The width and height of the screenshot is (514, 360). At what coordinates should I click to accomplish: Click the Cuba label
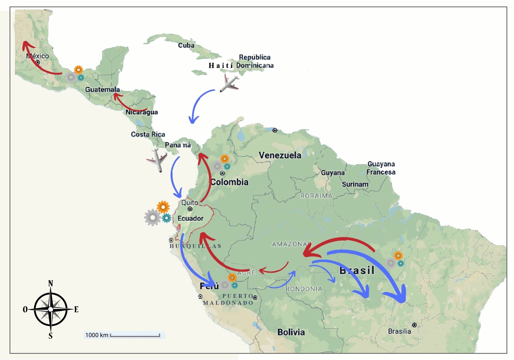point(186,45)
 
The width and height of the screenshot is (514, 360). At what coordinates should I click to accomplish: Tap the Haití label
point(220,65)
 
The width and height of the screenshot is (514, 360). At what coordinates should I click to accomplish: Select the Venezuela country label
point(280,155)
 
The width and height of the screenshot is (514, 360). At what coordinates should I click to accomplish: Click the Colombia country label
point(229,182)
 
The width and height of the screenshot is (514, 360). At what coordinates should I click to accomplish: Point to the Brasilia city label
point(399,331)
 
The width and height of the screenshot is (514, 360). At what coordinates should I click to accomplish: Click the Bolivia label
point(291,332)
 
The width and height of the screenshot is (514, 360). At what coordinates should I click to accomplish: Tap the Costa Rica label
point(148,134)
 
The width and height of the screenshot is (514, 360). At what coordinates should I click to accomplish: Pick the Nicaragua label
point(142,112)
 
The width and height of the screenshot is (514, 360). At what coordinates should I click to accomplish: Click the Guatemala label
point(102,89)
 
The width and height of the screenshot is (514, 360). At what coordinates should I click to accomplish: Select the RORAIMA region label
point(316,196)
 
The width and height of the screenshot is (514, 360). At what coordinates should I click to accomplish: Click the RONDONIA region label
point(304,289)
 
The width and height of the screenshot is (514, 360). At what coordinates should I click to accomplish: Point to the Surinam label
point(355,184)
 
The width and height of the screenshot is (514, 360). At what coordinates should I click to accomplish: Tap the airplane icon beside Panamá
point(157,160)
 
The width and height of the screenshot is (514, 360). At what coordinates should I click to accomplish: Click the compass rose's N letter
point(51,284)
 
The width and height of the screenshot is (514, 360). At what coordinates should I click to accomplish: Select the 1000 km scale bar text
point(97,335)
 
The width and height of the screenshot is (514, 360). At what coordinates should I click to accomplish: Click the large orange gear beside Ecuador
point(163,207)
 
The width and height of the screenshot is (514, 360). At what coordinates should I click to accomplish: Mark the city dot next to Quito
point(190,209)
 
